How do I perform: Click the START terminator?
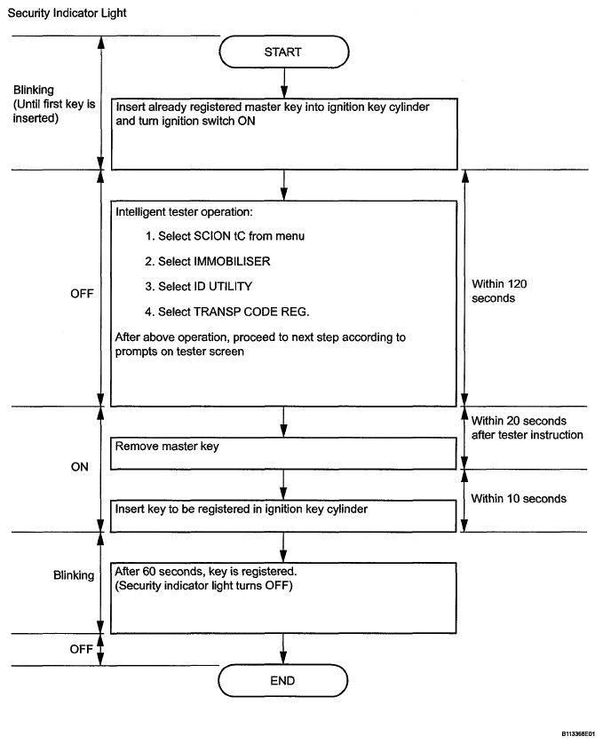tap(284, 51)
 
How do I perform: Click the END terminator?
tap(283, 680)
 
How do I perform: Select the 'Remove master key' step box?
tap(283, 454)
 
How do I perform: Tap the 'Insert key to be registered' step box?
tap(283, 516)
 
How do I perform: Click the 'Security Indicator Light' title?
tap(67, 13)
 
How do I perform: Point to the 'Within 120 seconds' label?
tap(499, 291)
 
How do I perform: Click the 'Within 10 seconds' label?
tap(519, 499)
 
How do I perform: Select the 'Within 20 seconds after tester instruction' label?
tap(527, 428)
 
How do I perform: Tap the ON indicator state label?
tap(80, 467)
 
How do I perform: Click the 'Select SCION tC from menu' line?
tap(225, 236)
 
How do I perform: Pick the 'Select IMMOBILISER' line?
tap(208, 261)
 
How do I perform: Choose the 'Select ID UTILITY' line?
tap(198, 287)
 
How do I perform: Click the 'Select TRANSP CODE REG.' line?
tap(227, 312)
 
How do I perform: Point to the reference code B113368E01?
tap(578, 733)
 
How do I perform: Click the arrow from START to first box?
tap(284, 83)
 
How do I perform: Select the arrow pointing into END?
tap(283, 649)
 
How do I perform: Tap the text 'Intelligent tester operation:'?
tap(184, 212)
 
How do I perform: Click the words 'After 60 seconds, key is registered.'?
tap(206, 571)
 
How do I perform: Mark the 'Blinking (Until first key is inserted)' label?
tap(54, 104)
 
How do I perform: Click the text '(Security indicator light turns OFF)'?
tap(203, 585)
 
